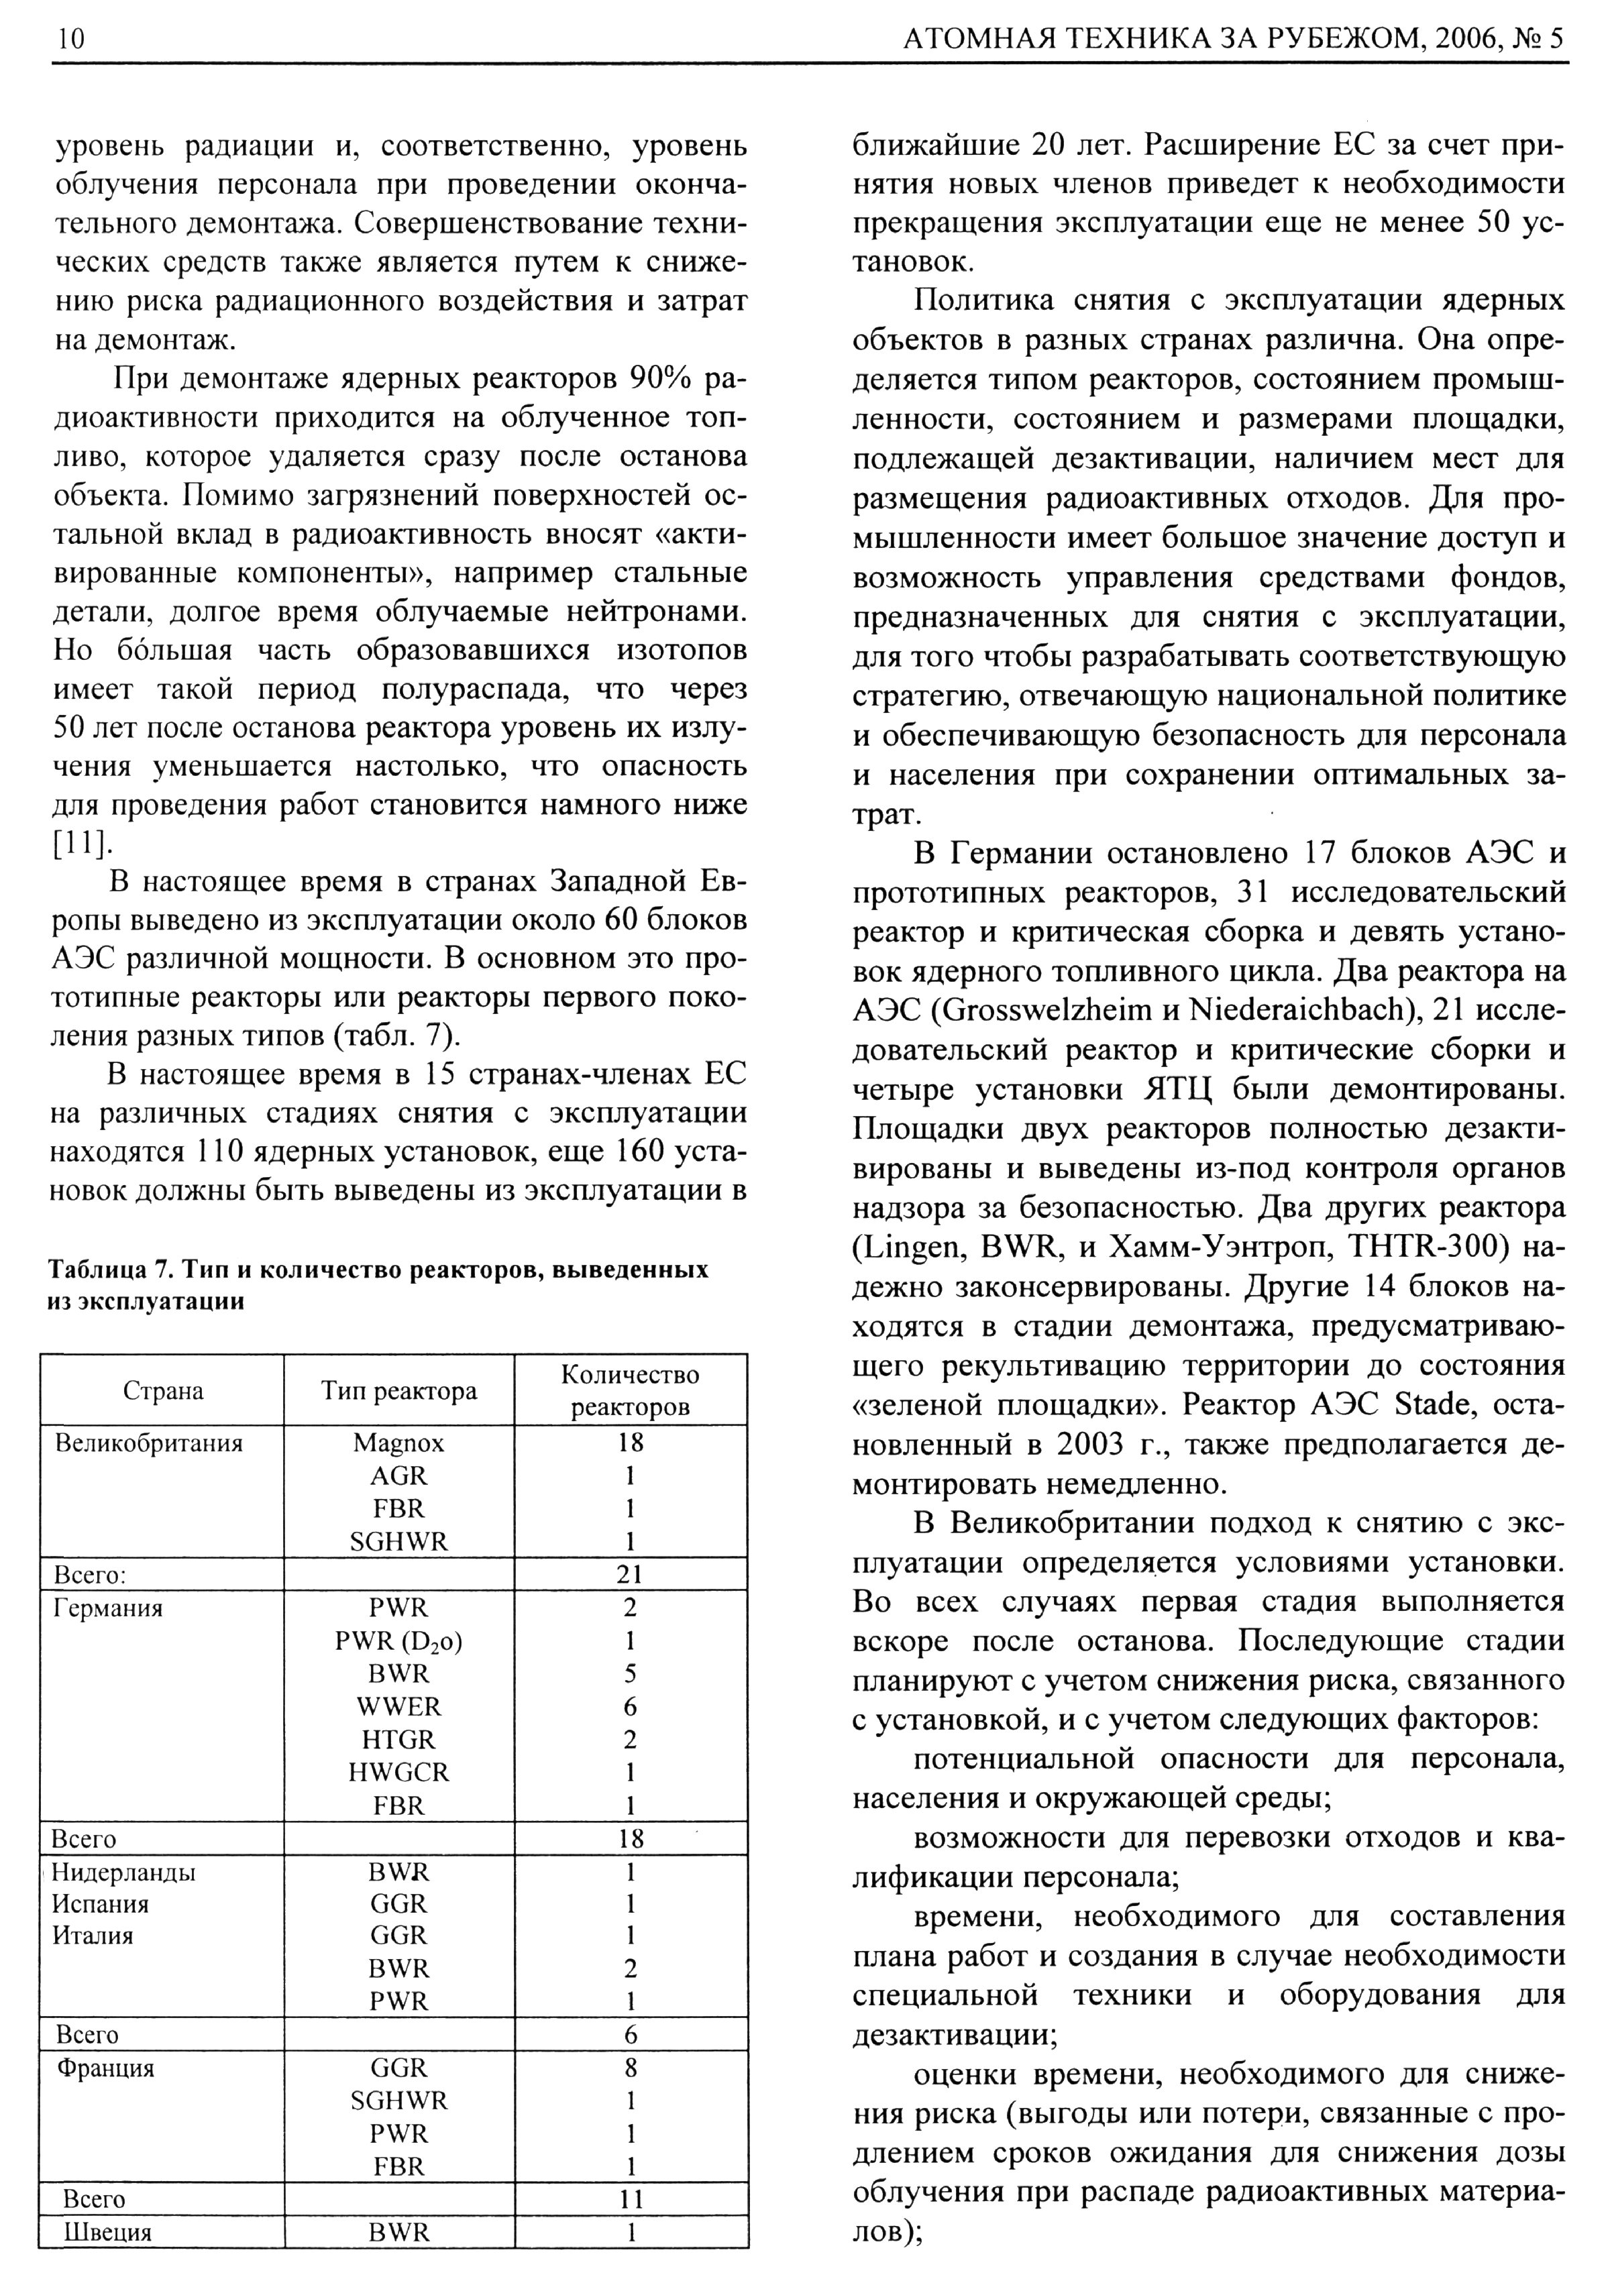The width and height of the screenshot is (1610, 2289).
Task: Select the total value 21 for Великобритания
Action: pos(630,1574)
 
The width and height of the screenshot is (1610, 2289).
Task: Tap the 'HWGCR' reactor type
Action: pos(398,1773)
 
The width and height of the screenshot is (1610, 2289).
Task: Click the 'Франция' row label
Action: pos(106,2068)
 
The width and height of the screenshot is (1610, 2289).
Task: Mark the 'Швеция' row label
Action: pos(107,2232)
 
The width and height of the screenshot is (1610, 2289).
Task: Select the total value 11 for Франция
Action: pos(630,2199)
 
